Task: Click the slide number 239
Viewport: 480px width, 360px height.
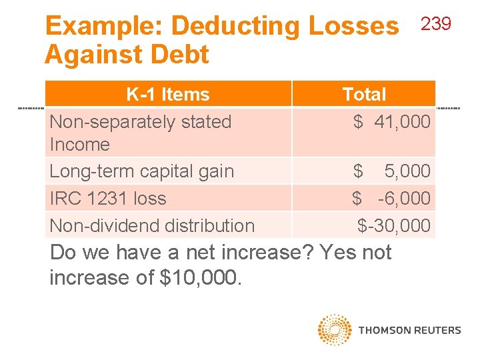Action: [x=437, y=24]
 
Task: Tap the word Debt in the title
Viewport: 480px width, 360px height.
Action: [x=181, y=54]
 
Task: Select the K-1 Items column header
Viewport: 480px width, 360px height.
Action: [x=168, y=94]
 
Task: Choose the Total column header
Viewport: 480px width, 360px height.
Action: [x=364, y=94]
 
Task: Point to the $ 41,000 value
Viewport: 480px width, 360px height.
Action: [x=392, y=122]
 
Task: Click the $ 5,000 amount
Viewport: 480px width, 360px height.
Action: [x=392, y=171]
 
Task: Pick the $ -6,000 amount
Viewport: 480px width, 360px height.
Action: [x=392, y=198]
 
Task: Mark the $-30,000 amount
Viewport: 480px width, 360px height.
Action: [x=394, y=225]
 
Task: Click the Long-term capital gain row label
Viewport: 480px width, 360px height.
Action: [x=142, y=171]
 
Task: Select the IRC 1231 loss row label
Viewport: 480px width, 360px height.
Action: [x=108, y=198]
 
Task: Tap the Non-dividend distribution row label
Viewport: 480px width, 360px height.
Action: [x=152, y=225]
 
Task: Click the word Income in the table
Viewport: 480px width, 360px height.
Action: [x=80, y=144]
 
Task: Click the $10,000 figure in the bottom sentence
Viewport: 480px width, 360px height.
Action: [x=199, y=277]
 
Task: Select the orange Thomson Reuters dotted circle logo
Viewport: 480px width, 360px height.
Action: [x=335, y=329]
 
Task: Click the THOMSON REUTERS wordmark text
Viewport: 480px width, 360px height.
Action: [x=409, y=330]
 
